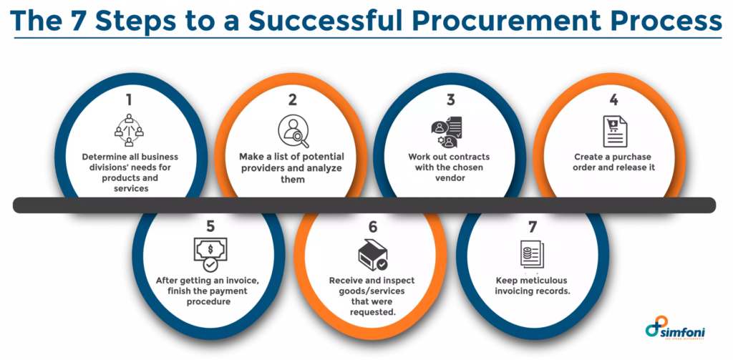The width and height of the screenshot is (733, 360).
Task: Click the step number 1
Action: tap(129, 99)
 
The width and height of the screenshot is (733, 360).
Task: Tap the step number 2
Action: tap(293, 99)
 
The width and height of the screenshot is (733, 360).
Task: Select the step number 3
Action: tap(450, 99)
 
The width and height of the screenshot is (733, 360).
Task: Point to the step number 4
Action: tap(613, 99)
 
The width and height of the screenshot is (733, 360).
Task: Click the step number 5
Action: tap(210, 227)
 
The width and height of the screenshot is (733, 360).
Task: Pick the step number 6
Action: tap(372, 227)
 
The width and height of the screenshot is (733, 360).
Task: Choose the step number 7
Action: tap(532, 227)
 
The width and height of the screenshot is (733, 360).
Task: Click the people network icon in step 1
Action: tap(129, 130)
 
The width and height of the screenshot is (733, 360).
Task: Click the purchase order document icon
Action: tap(615, 132)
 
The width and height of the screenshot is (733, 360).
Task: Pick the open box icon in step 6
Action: tap(372, 256)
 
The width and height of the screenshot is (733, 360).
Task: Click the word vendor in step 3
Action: tap(450, 177)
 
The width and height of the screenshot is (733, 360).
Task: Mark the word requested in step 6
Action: tap(372, 311)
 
